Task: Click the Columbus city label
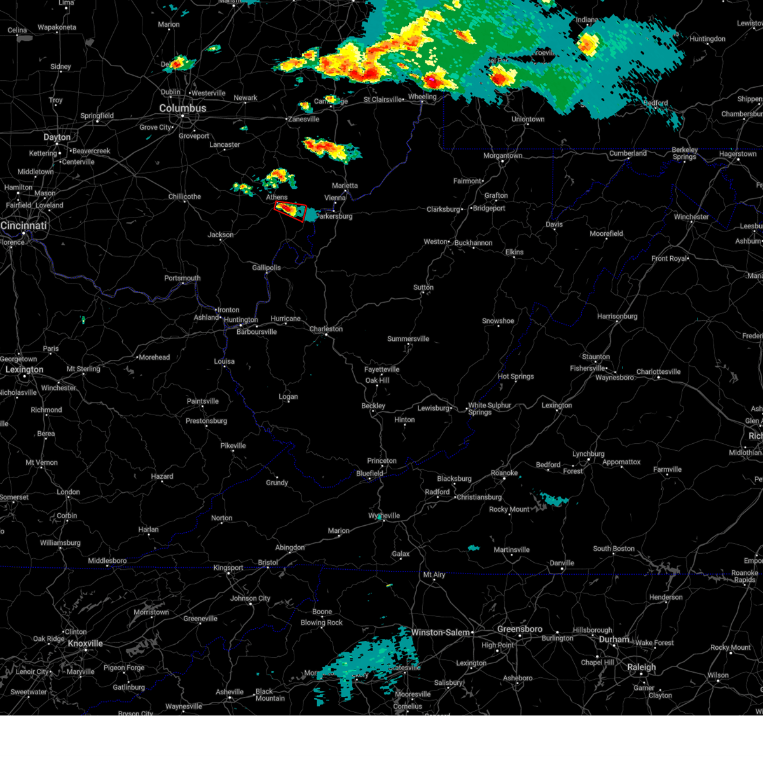coord(182,109)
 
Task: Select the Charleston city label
coord(326,329)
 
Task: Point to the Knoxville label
coord(85,643)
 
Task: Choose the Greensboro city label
coord(519,629)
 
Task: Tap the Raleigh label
coord(642,667)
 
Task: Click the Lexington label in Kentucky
coord(24,369)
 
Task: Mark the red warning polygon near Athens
coord(291,210)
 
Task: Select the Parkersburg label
coord(334,216)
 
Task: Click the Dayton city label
coord(57,137)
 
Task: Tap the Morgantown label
coord(502,156)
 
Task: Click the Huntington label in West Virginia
coord(241,320)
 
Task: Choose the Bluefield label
coord(369,473)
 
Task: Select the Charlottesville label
coord(658,372)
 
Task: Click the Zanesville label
coord(304,120)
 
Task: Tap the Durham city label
coord(614,640)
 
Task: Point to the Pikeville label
coord(233,446)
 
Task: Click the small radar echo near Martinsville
coord(474,547)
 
